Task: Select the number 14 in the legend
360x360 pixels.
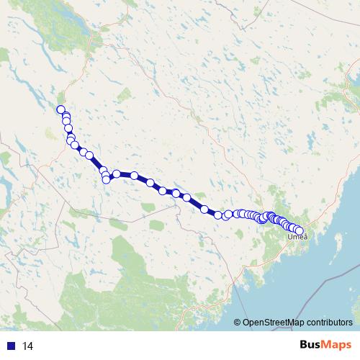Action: (28, 346)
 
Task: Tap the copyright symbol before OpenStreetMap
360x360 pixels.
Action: (238, 323)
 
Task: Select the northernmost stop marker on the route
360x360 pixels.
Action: (61, 109)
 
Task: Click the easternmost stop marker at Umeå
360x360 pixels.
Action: (300, 231)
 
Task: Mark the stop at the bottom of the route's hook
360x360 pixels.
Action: (107, 179)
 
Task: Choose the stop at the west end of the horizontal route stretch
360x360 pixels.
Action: (116, 174)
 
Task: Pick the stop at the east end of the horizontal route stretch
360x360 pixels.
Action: (134, 175)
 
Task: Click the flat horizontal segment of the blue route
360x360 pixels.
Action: (125, 174)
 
